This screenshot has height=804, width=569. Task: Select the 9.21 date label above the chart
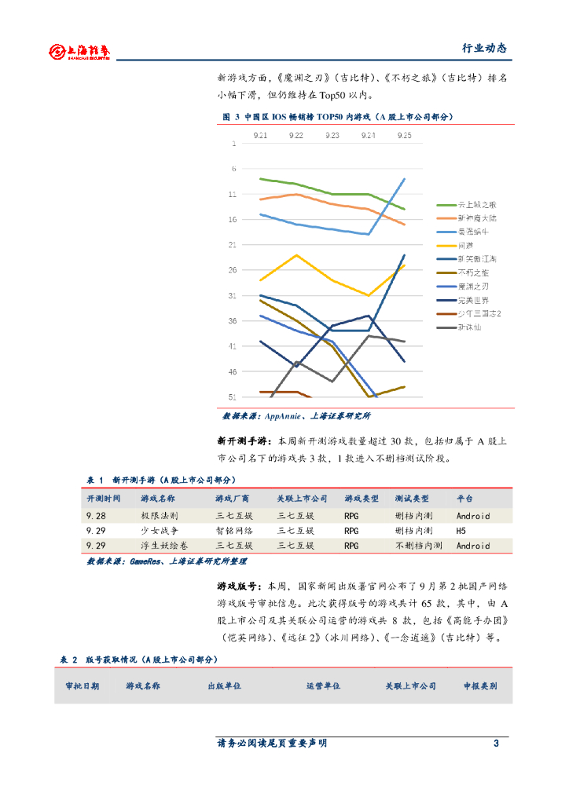pyautogui.click(x=260, y=135)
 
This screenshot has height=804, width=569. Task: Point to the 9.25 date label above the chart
pyautogui.click(x=404, y=135)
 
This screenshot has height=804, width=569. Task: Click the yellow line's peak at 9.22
pyautogui.click(x=296, y=254)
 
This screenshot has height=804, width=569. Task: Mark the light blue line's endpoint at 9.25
pyautogui.click(x=404, y=179)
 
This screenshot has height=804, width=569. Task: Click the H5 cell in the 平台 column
pyautogui.click(x=462, y=531)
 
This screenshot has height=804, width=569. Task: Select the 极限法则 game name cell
pyautogui.click(x=160, y=516)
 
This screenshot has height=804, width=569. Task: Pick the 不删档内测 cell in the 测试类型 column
pyautogui.click(x=419, y=545)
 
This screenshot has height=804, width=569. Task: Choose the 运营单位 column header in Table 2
pyautogui.click(x=323, y=685)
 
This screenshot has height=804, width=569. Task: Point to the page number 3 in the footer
pyautogui.click(x=496, y=743)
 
